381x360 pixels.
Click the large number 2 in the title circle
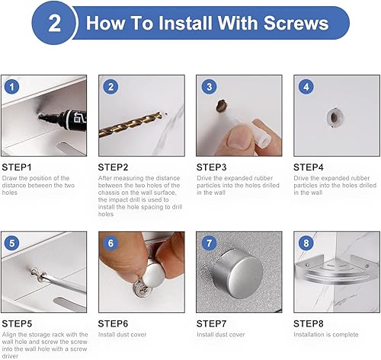54,24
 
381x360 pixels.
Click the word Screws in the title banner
296,23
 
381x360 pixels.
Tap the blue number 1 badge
12,87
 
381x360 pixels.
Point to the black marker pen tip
40,116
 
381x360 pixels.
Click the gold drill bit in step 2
130,125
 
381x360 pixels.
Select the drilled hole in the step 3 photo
222,106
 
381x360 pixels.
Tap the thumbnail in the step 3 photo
238,140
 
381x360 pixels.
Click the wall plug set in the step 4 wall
335,117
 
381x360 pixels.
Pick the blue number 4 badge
306,87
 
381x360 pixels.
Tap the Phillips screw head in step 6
140,288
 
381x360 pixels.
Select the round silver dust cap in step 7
238,273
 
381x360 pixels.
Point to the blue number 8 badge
306,244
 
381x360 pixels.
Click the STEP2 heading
113,167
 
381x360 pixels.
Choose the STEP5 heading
17,323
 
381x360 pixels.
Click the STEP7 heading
211,323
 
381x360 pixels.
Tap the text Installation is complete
326,335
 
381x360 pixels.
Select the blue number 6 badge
110,244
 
